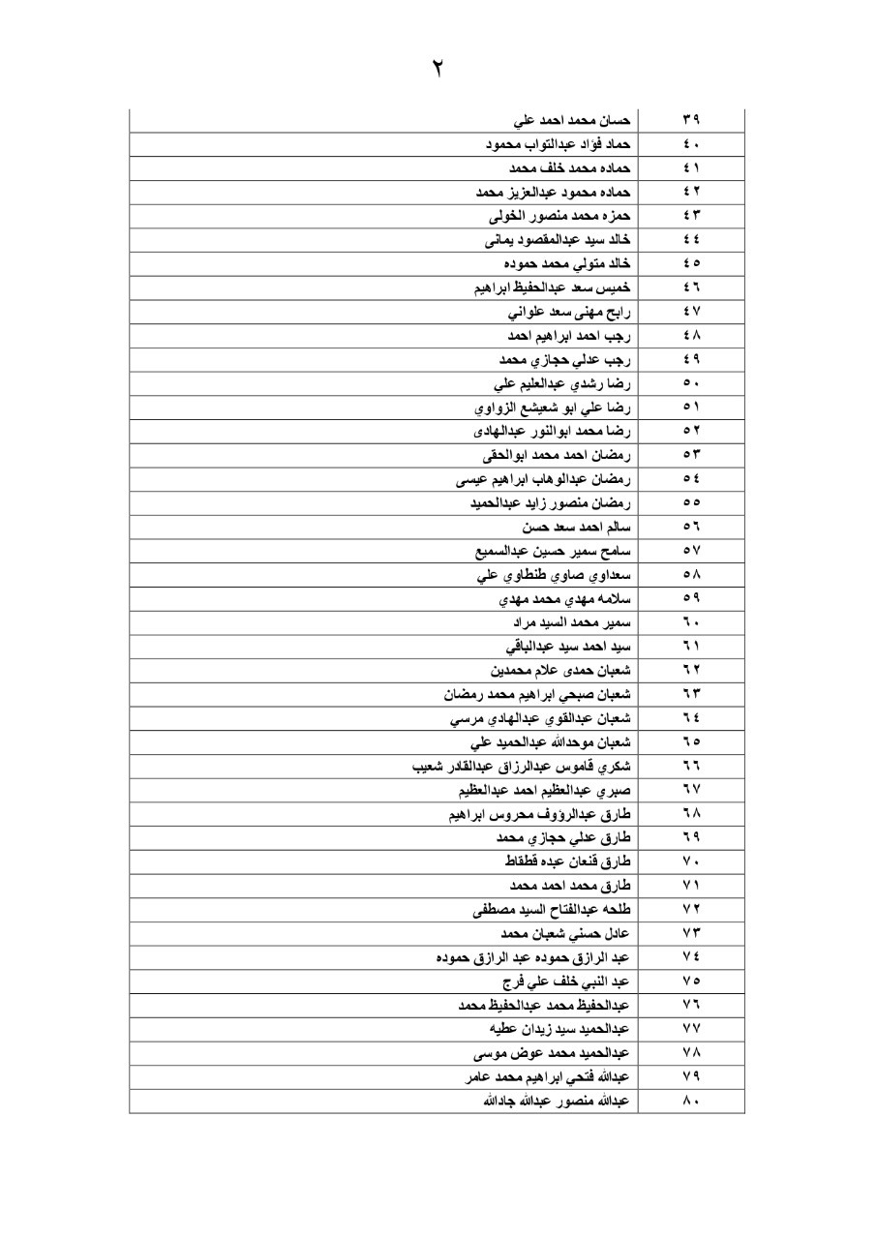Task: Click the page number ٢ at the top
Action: click(x=438, y=70)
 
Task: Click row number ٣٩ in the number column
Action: click(x=691, y=121)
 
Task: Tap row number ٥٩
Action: click(x=691, y=596)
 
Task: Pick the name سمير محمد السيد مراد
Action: click(x=573, y=619)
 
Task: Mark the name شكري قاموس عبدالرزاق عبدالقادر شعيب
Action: click(x=522, y=767)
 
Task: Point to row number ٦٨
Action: click(x=691, y=814)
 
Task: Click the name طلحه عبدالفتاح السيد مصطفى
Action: click(x=552, y=909)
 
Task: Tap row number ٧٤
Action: click(x=691, y=956)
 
